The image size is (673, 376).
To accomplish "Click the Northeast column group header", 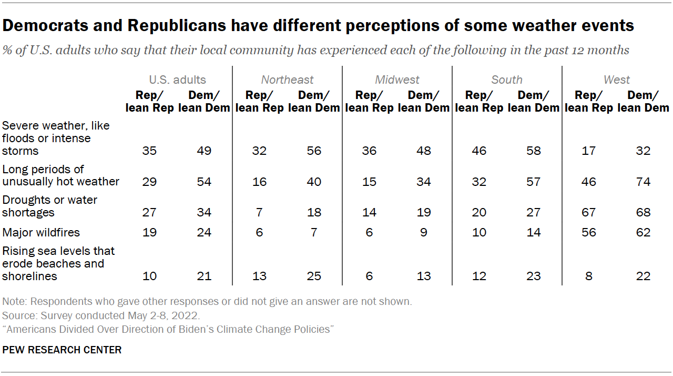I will click(287, 80).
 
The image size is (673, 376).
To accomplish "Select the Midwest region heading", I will click(397, 80).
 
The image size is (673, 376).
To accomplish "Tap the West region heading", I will click(616, 80).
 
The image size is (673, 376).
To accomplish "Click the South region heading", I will click(507, 80).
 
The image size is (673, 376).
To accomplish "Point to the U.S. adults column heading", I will click(177, 80).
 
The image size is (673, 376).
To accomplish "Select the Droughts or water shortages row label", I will click(50, 206).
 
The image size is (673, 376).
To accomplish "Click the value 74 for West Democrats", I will click(643, 182).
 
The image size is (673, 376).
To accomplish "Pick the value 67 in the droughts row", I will click(589, 212).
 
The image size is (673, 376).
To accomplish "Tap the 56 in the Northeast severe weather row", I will click(314, 151).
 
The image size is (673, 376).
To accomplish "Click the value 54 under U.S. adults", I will click(204, 182).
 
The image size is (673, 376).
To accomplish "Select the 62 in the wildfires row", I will click(643, 232).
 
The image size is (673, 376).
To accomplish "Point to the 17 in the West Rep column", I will click(589, 151).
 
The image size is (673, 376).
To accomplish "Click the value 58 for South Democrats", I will click(533, 151).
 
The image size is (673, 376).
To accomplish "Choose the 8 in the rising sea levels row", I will click(589, 276).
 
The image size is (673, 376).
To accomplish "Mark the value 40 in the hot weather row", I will click(314, 182).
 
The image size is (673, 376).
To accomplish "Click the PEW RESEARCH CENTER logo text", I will click(62, 350).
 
